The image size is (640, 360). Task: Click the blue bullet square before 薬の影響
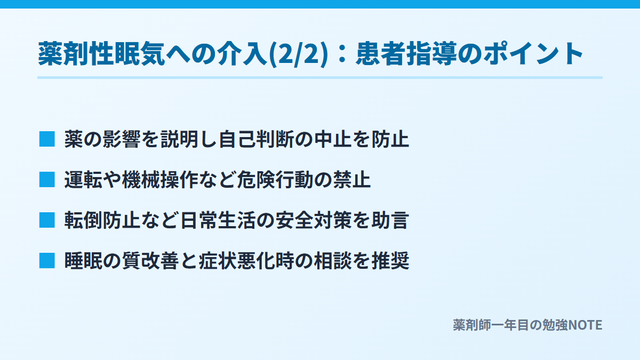pos(47,139)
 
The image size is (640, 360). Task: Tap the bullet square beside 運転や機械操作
pos(47,179)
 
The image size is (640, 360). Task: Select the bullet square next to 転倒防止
pos(47,220)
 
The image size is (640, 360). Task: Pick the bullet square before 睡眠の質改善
pos(47,261)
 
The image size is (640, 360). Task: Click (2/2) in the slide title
pos(299,54)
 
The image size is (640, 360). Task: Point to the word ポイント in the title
pos(533,54)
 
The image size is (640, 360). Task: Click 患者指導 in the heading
pos(406,54)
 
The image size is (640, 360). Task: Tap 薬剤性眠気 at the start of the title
pos(101,54)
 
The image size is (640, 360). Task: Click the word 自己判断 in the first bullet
pos(257,139)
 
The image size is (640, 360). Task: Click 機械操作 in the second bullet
pos(160,180)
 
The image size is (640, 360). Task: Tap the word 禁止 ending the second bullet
pos(351,180)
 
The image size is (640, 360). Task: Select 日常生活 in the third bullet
pos(218,220)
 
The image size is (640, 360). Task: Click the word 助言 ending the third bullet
pos(390,220)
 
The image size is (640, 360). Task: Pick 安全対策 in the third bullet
pos(314,220)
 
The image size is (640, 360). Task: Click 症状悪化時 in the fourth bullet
pos(246,261)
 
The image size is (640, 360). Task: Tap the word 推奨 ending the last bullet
pos(390,261)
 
